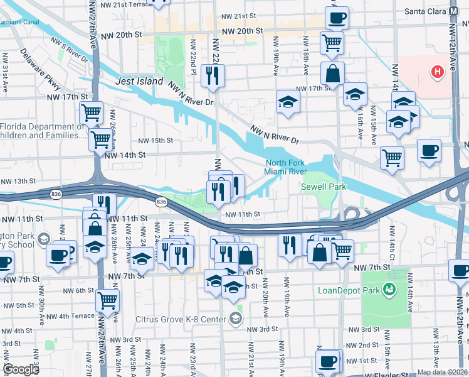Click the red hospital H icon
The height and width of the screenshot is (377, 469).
(x=437, y=72)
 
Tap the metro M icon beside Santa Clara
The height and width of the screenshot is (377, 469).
(x=453, y=11)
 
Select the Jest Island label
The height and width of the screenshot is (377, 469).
(x=139, y=82)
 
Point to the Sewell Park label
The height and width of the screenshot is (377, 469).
(x=324, y=187)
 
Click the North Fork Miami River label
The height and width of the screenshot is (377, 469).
(x=285, y=167)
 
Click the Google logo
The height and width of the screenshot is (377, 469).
(x=21, y=369)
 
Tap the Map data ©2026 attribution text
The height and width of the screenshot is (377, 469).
(x=442, y=372)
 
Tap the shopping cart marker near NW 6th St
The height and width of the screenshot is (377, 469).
(x=107, y=300)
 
